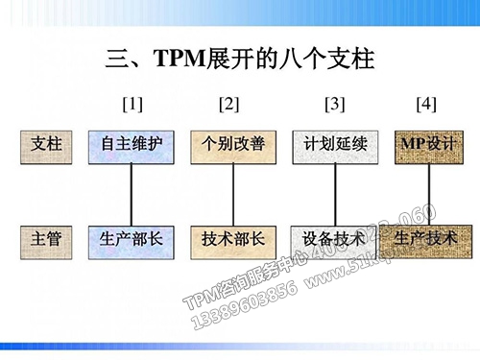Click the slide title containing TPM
pos(239,60)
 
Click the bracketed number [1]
pos(132,102)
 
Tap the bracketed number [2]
pos(229,102)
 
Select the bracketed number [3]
pos(335,102)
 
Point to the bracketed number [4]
pos(427,102)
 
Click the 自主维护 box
pos(132,144)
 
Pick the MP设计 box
pos(427,144)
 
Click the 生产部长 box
pos(132,238)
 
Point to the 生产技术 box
pos(427,236)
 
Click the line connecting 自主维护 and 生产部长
pos(132,190)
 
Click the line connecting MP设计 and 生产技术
pos(429,190)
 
